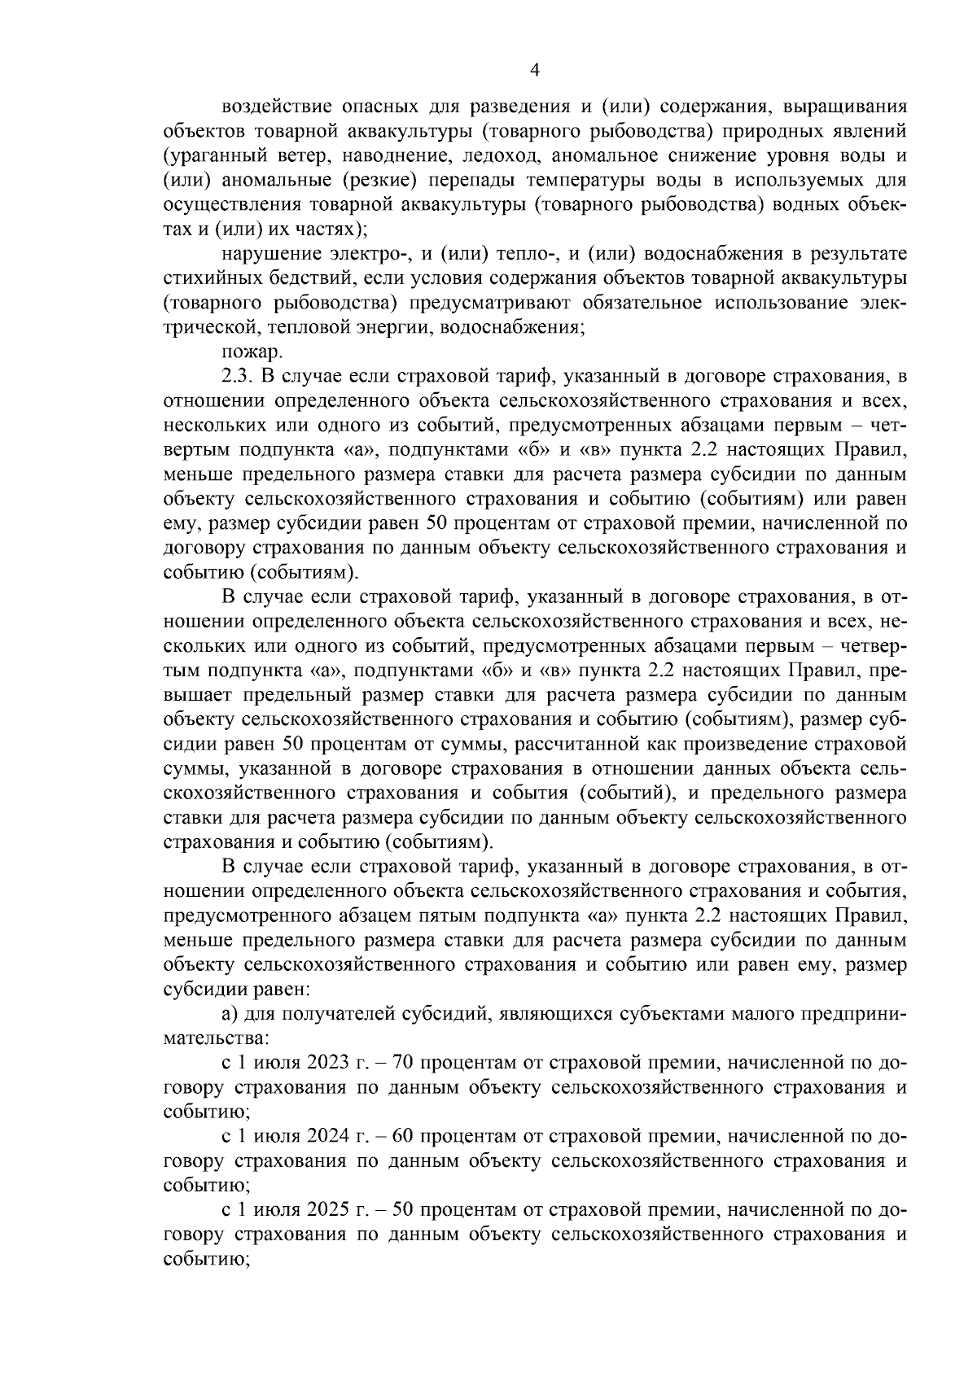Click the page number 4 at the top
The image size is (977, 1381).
(535, 71)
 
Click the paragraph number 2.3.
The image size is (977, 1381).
(235, 375)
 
